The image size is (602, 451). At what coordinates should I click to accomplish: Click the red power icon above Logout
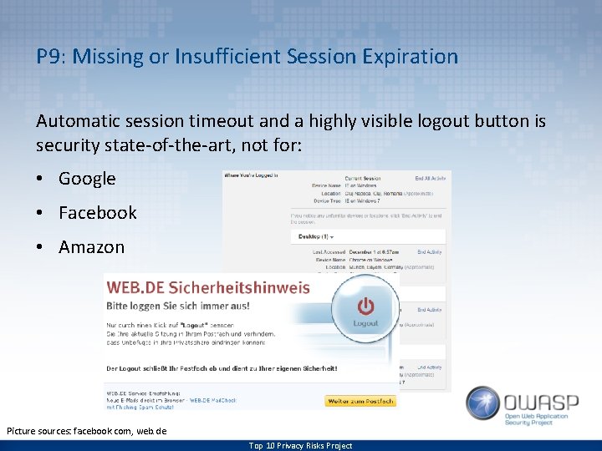(365, 305)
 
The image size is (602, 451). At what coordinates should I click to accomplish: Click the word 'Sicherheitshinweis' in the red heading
(250, 287)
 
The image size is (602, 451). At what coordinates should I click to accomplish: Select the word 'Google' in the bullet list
(87, 178)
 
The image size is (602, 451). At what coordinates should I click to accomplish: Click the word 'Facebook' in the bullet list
(97, 212)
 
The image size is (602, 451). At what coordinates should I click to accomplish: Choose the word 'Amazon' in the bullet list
(91, 247)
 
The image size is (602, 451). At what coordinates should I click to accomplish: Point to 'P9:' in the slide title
(51, 57)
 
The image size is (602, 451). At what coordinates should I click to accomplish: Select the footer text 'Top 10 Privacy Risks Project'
(300, 445)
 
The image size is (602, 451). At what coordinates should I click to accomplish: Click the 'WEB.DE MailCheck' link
(212, 400)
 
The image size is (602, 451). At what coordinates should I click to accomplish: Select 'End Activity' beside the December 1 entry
(430, 251)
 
